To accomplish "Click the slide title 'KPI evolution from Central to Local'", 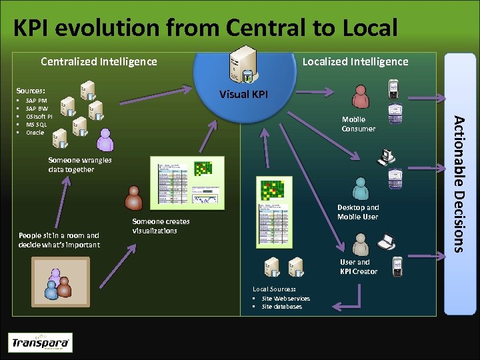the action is coord(205,27).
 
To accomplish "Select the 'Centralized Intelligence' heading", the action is coord(99,62).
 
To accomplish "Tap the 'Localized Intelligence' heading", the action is coord(355,62).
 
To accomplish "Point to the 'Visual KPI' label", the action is coord(243,94).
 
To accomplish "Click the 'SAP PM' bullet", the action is coord(36,101).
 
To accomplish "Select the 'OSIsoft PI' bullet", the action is coord(39,117).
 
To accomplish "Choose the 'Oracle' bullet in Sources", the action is coord(35,133).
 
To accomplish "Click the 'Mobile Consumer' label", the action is coord(358,125).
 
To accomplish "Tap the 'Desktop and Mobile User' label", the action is coord(357,212).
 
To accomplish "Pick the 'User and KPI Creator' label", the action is coord(358,267).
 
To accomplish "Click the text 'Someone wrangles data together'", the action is coord(80,165).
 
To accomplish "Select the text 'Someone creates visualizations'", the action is coord(161,226).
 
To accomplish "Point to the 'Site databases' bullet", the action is coord(281,307).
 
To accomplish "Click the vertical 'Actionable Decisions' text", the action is coord(460,184).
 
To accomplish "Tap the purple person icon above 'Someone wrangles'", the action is coord(105,140).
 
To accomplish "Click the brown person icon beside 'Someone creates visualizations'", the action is coord(134,198).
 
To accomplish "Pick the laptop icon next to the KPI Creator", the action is coord(386,240).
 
